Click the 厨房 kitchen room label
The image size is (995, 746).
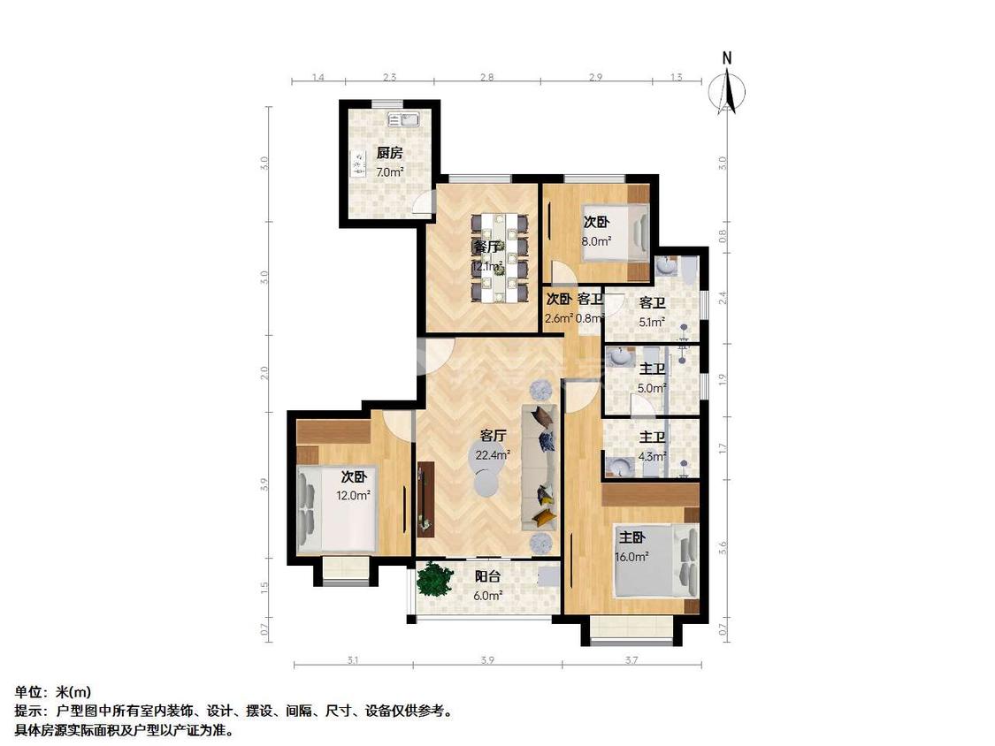pyautogui.click(x=389, y=152)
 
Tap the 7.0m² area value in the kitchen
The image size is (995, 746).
pyautogui.click(x=389, y=172)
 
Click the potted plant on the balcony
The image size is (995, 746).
pyautogui.click(x=433, y=579)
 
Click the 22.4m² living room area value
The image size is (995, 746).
pyautogui.click(x=493, y=455)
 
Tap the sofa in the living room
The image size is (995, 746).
pyautogui.click(x=542, y=466)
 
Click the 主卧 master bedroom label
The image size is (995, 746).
pyautogui.click(x=631, y=537)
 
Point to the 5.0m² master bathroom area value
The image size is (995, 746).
pyautogui.click(x=653, y=387)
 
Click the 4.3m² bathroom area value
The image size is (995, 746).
pyautogui.click(x=653, y=457)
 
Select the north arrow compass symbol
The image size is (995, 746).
pyautogui.click(x=727, y=88)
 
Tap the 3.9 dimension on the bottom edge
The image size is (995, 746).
pyautogui.click(x=486, y=659)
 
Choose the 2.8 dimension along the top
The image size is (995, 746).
pyautogui.click(x=486, y=78)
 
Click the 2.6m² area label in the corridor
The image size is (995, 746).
pyautogui.click(x=559, y=318)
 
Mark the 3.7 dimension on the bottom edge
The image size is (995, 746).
pyautogui.click(x=631, y=659)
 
